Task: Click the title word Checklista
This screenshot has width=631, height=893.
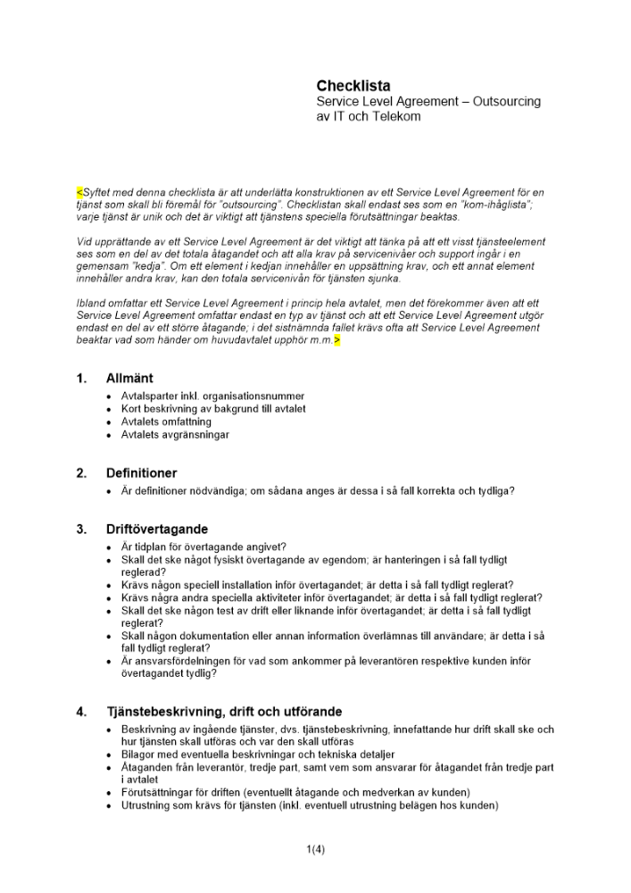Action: click(353, 86)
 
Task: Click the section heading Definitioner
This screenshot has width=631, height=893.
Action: click(142, 473)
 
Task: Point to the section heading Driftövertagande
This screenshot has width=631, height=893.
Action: click(157, 529)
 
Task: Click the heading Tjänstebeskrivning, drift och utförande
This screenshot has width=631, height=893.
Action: click(224, 712)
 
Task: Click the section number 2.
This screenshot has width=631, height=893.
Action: click(82, 473)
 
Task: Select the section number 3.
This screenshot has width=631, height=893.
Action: click(82, 529)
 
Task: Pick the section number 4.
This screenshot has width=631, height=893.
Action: click(82, 712)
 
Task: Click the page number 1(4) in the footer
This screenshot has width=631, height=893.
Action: click(315, 849)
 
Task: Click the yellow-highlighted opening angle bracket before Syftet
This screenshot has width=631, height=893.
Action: click(79, 192)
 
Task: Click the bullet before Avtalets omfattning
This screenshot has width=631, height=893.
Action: click(109, 421)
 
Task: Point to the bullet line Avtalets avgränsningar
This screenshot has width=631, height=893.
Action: click(175, 435)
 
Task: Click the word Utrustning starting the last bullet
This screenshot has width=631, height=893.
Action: click(146, 805)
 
